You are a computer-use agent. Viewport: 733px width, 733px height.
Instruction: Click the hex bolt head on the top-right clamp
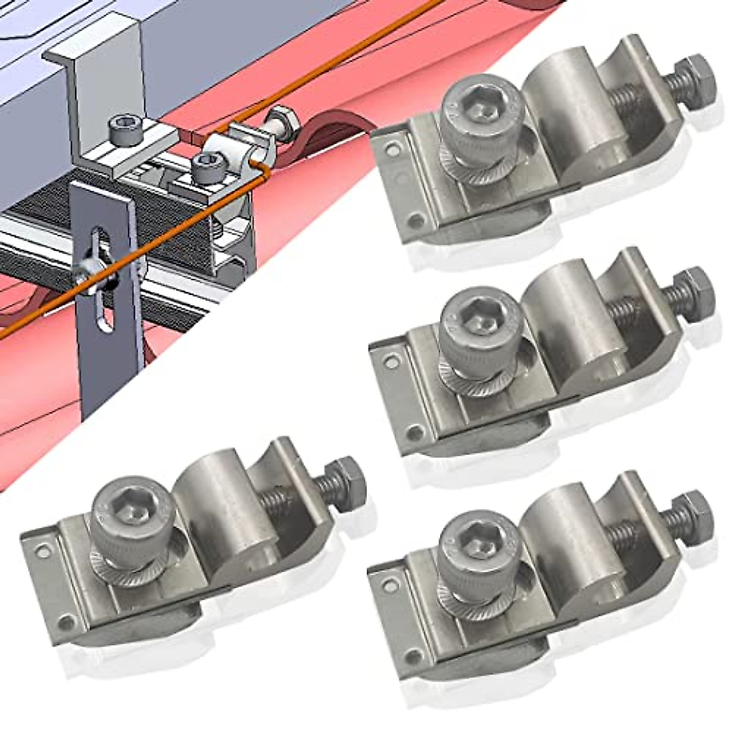point(694,78)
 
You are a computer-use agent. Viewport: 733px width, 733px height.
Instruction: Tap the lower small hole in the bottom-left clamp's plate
point(66,623)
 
